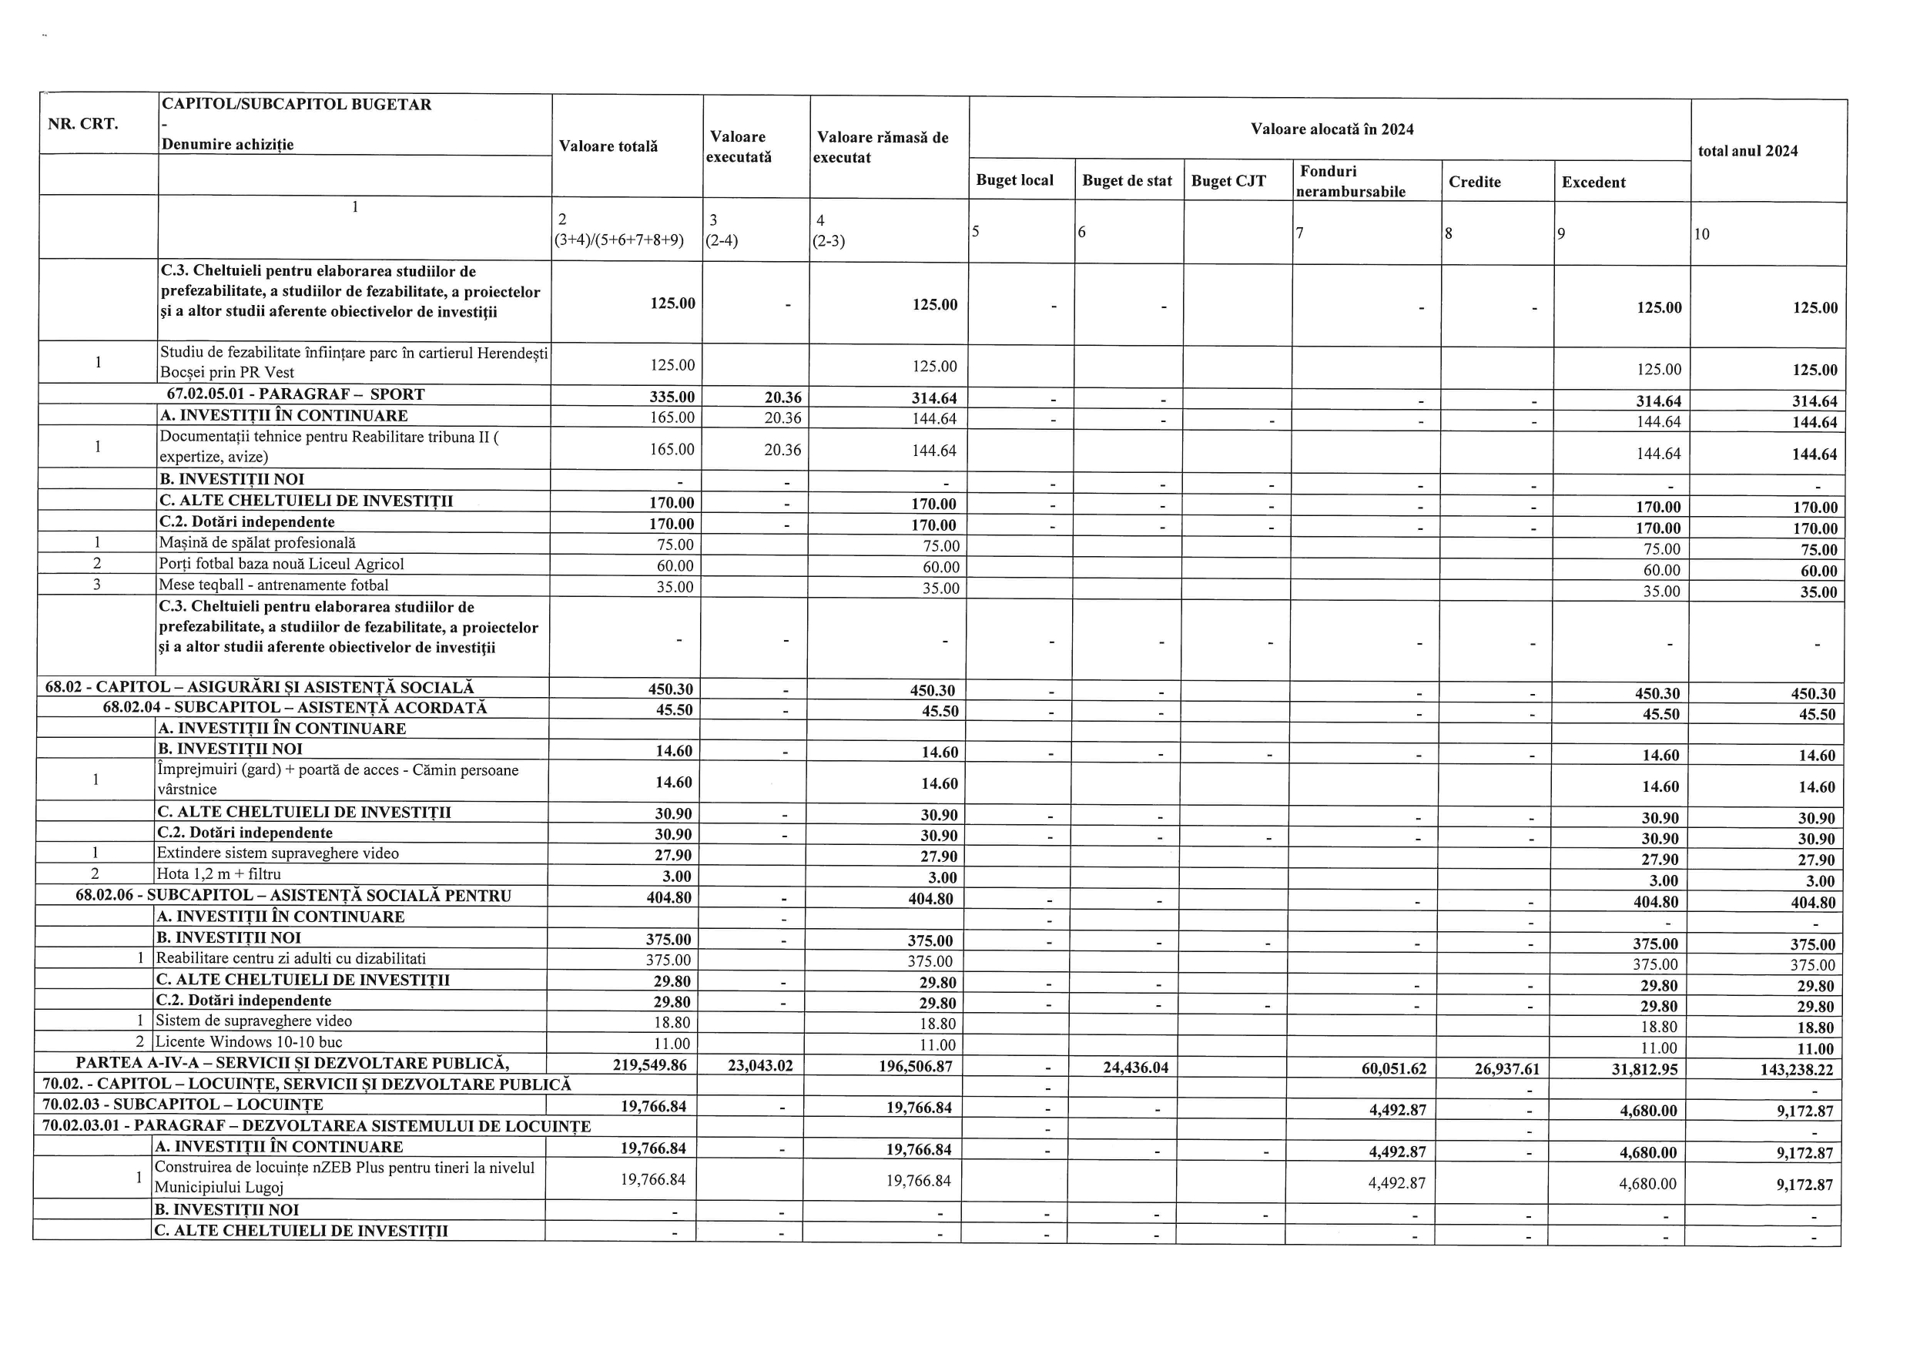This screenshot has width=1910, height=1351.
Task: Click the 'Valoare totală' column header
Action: tap(608, 146)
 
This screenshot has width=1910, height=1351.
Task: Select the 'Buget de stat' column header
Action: tap(1128, 180)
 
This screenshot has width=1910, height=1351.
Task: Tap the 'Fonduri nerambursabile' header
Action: tap(1350, 180)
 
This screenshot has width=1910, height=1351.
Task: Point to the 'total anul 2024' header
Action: tap(1747, 150)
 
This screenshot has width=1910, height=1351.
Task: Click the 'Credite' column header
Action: tap(1474, 181)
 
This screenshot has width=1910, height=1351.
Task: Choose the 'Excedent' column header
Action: tap(1593, 183)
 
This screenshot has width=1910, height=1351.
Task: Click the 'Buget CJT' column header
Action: tap(1228, 180)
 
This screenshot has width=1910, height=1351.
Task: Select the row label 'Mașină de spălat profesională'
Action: tap(257, 543)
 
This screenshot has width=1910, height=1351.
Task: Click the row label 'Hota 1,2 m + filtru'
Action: tap(219, 874)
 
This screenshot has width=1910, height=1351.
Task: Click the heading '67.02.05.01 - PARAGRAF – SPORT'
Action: tap(295, 394)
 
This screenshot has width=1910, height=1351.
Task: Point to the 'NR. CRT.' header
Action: tap(83, 124)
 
